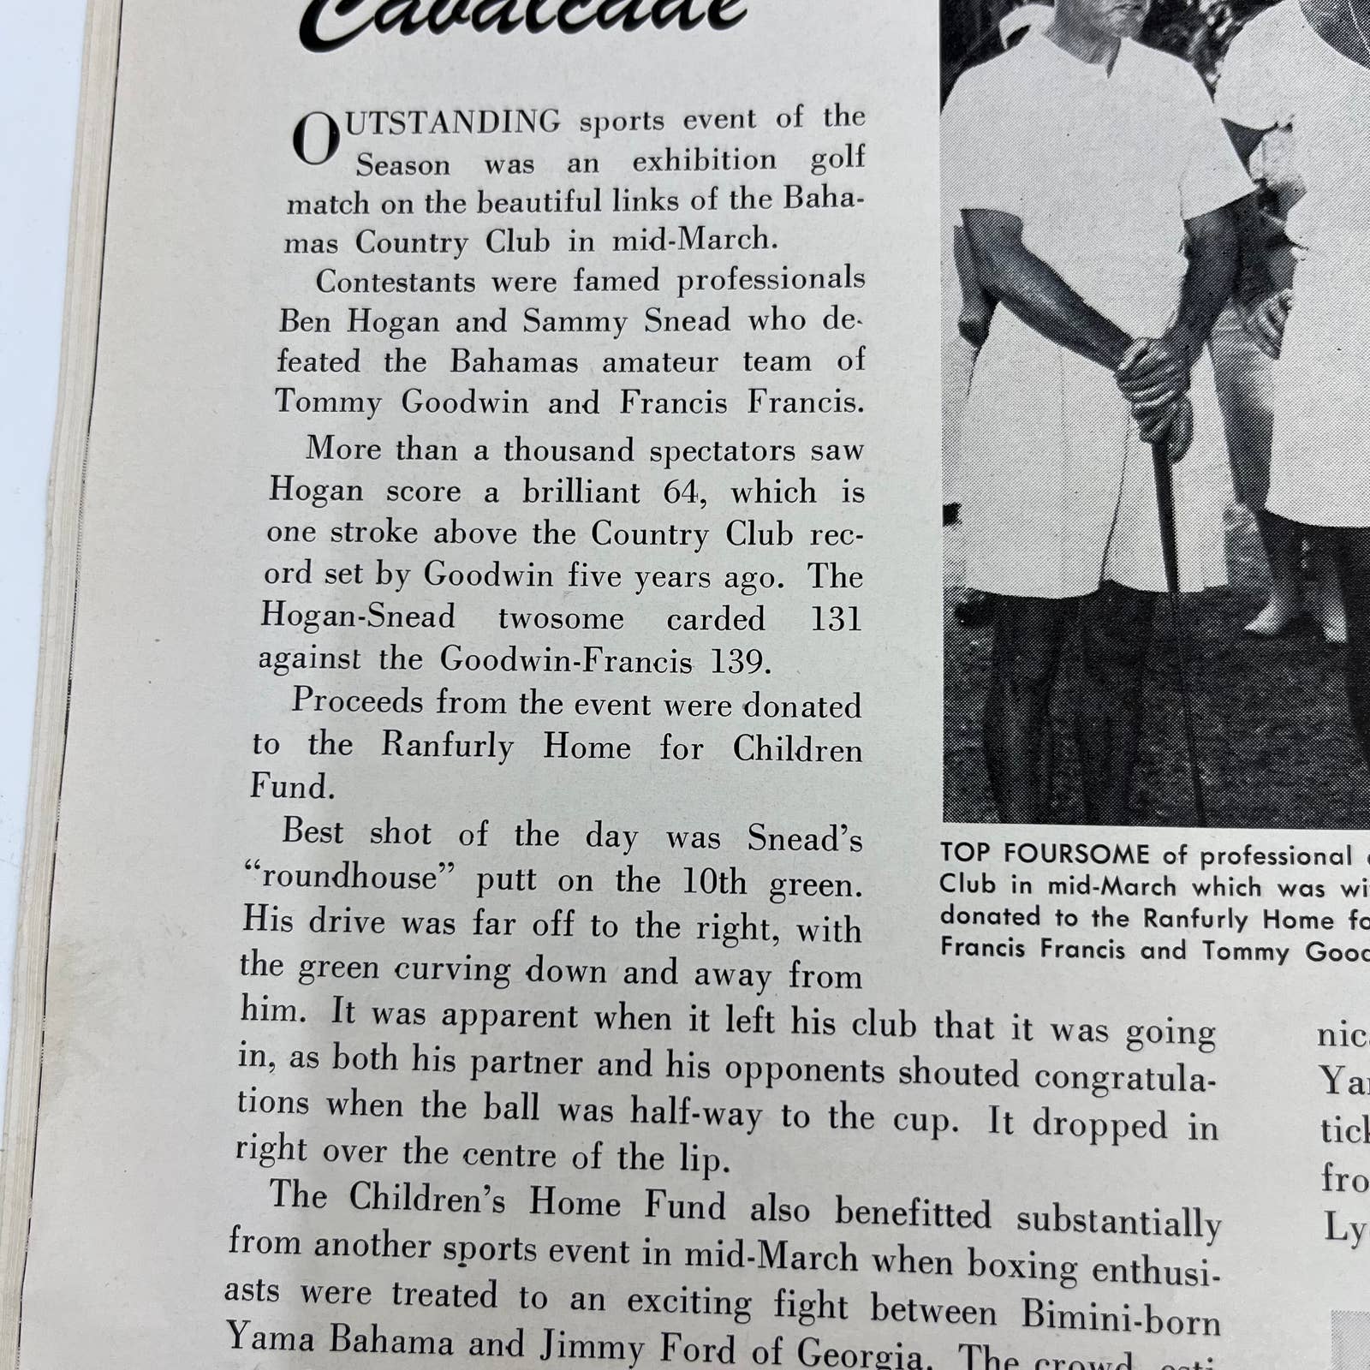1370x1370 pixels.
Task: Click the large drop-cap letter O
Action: click(x=315, y=140)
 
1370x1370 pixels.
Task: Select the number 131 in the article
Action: click(x=835, y=619)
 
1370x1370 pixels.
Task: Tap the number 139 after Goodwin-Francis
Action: click(x=739, y=662)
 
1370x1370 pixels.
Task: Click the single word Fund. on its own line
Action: click(x=292, y=786)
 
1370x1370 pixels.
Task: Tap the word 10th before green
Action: click(x=714, y=883)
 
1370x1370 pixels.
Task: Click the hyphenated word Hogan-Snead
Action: click(x=357, y=616)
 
